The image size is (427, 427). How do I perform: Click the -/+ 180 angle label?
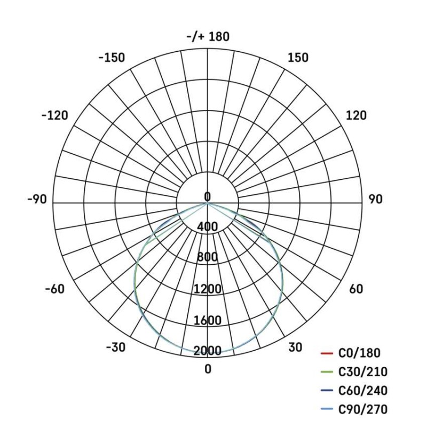point(208,37)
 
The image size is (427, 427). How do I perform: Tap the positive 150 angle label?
point(298,58)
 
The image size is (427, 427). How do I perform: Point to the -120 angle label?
point(54,115)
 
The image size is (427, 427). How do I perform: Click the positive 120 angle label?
point(356,115)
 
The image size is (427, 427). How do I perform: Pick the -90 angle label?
point(37,200)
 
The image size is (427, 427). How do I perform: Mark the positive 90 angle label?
point(375,200)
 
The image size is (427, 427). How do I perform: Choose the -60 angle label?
point(54,289)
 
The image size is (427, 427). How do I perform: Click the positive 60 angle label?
point(356,289)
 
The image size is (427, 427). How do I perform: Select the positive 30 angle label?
point(295,347)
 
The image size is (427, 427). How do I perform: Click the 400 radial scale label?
point(207,227)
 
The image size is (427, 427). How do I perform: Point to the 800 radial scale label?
point(207,258)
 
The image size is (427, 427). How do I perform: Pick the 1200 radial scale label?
point(207,289)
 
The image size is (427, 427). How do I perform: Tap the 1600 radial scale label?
point(207,321)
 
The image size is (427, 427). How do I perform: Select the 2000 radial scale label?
point(207,351)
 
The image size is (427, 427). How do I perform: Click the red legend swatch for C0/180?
point(327,353)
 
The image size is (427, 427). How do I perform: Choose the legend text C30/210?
point(363,372)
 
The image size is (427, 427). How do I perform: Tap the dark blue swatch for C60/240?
point(327,391)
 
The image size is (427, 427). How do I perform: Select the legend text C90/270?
point(363,410)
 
